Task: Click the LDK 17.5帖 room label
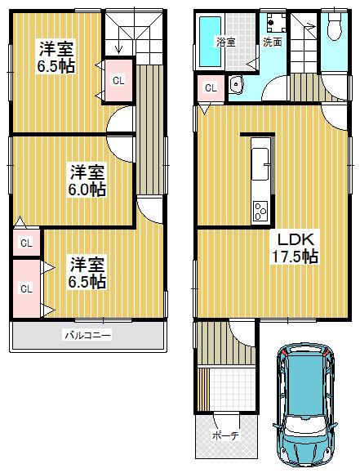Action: [x=295, y=248]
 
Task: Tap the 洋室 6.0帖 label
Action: [x=87, y=181]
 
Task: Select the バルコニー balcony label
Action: [x=87, y=335]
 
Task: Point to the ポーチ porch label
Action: [x=224, y=436]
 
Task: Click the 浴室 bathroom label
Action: [x=225, y=41]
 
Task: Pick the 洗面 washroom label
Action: [x=273, y=42]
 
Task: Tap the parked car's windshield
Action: [x=303, y=367]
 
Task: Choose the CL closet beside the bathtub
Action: [x=211, y=88]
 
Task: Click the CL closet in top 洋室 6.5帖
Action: [x=118, y=80]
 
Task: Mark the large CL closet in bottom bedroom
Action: [x=25, y=288]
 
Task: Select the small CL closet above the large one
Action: [x=26, y=243]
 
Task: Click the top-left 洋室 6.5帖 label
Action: [x=56, y=57]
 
